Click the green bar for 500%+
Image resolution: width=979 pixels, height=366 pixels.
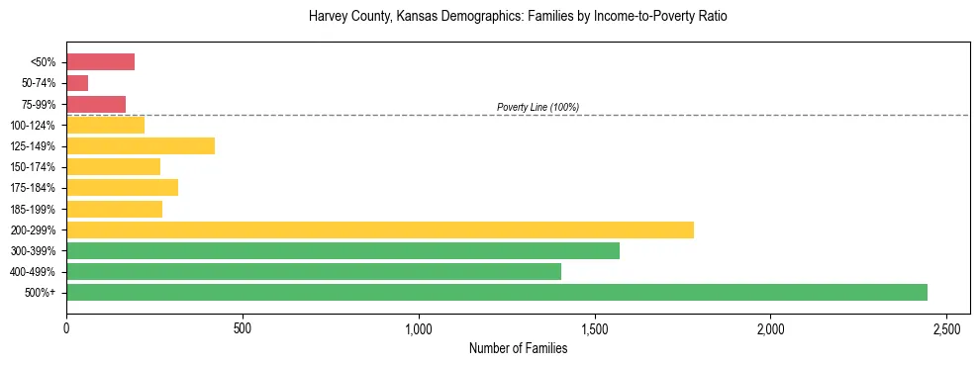coord(497,292)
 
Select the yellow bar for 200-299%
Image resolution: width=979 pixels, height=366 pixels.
coord(380,229)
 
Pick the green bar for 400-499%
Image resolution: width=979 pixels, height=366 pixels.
coord(314,271)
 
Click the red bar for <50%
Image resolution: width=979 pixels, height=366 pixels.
coord(100,62)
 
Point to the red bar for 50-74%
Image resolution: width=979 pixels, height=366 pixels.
coord(77,83)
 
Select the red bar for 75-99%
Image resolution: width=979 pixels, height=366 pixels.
coord(96,104)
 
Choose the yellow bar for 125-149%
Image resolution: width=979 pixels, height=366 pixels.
coord(141,146)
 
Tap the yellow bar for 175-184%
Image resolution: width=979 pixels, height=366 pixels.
coord(122,188)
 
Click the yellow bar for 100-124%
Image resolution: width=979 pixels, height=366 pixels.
coord(105,125)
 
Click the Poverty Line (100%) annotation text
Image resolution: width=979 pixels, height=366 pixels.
coord(538,107)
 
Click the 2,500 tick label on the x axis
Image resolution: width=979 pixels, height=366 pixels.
coord(947,327)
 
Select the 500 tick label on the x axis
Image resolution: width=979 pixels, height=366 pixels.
coord(243,327)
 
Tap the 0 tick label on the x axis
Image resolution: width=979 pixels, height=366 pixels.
coord(66,327)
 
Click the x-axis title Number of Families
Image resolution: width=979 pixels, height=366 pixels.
coord(518,348)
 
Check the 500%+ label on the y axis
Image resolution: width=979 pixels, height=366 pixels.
coord(40,293)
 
